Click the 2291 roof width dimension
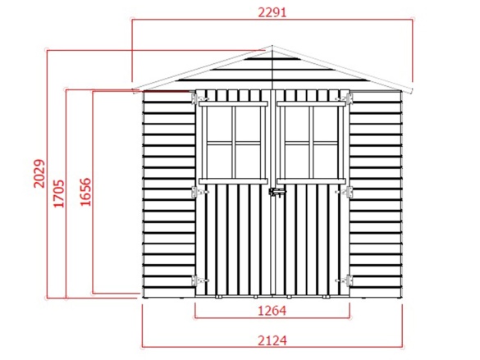(272, 12)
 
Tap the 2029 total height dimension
(39, 173)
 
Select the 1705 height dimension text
(59, 194)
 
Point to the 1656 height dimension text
(85, 192)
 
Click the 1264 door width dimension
(272, 311)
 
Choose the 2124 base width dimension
(272, 340)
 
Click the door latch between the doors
(277, 193)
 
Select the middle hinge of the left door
(200, 192)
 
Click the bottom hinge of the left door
(200, 280)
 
